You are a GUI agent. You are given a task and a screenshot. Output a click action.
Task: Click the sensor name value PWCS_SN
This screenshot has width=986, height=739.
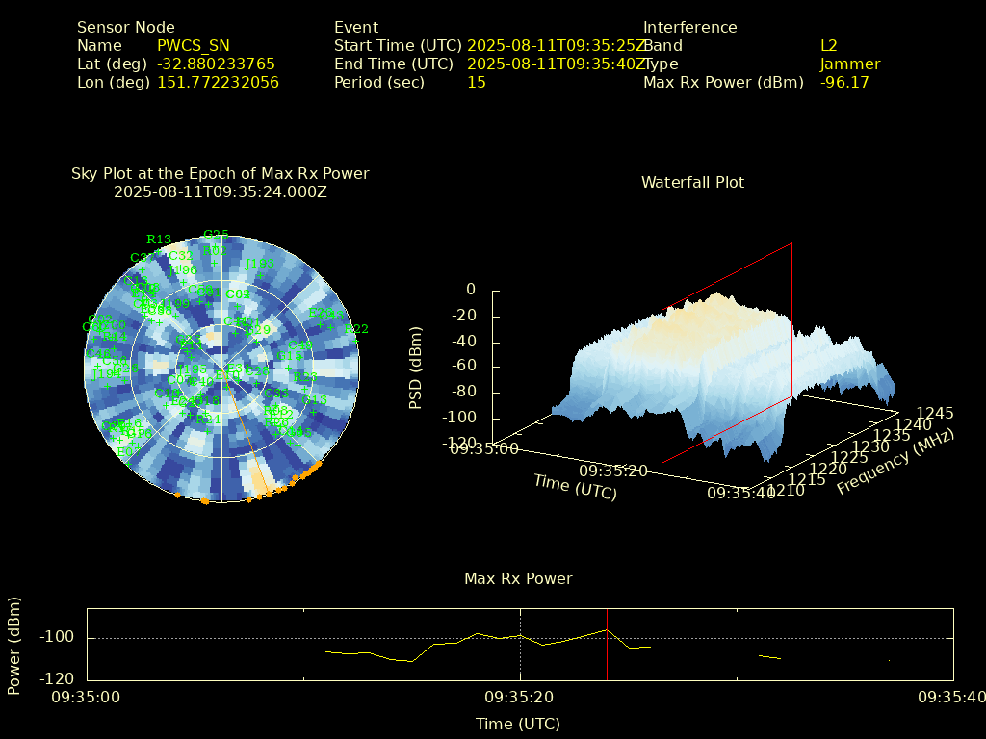coord(193,45)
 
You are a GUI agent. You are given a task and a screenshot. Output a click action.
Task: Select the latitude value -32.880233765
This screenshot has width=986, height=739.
coord(216,64)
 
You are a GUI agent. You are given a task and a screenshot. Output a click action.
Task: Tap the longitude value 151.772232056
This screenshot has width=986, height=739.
coord(218,82)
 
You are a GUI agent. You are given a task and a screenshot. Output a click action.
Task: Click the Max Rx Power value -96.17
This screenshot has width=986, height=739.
coord(844,82)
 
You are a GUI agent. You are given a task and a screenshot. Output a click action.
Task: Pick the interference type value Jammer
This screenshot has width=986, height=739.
coord(850,64)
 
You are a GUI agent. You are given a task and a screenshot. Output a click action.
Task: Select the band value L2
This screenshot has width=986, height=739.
coord(828,45)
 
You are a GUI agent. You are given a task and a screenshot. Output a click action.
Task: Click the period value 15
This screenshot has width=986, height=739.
coord(476,82)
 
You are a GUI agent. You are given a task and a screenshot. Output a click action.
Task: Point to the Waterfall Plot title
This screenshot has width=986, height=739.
coord(692,182)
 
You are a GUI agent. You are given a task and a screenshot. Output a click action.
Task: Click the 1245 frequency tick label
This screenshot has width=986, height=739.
coord(935,413)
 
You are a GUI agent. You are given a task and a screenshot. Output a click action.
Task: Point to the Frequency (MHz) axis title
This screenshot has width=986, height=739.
coord(895,463)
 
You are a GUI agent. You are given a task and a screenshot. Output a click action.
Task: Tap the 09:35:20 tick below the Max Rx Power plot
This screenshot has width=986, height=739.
coord(520,696)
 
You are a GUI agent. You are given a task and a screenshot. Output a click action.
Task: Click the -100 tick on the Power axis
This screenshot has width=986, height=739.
coord(57,637)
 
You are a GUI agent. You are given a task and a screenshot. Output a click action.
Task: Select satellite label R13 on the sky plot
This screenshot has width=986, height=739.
coord(159,240)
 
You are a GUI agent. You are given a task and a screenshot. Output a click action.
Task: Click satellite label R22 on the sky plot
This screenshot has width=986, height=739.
coord(357,329)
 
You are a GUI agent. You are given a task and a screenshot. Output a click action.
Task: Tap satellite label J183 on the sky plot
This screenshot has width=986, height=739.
coord(259,264)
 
